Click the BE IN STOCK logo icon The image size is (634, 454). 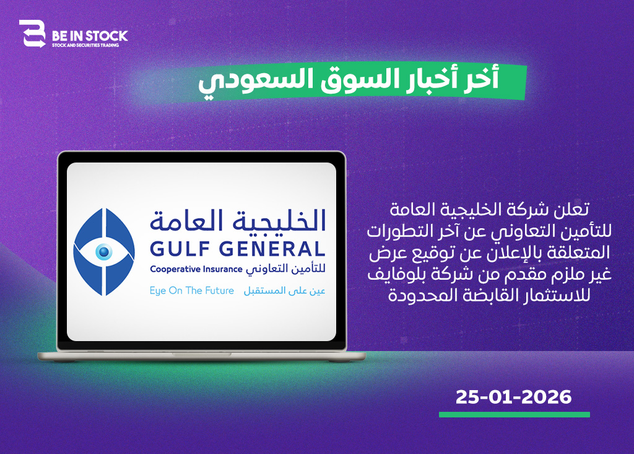pyautogui.click(x=32, y=33)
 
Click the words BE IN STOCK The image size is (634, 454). pyautogui.click(x=90, y=36)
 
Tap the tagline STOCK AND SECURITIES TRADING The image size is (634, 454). pyautogui.click(x=85, y=45)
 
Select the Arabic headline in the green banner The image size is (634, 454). pyautogui.click(x=349, y=80)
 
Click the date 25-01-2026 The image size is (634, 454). pyautogui.click(x=513, y=397)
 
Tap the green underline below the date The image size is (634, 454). pyautogui.click(x=515, y=415)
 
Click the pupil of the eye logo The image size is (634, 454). pyautogui.click(x=104, y=252)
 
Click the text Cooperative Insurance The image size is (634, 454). pyautogui.click(x=196, y=269)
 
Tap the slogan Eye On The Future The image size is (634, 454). pyautogui.click(x=192, y=291)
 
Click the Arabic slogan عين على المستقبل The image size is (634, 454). pyautogui.click(x=285, y=291)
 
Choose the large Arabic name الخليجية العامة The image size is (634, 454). pyautogui.click(x=238, y=221)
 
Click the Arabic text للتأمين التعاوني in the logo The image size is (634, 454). pyautogui.click(x=286, y=269)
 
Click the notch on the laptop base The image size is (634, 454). pyautogui.click(x=201, y=354)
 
